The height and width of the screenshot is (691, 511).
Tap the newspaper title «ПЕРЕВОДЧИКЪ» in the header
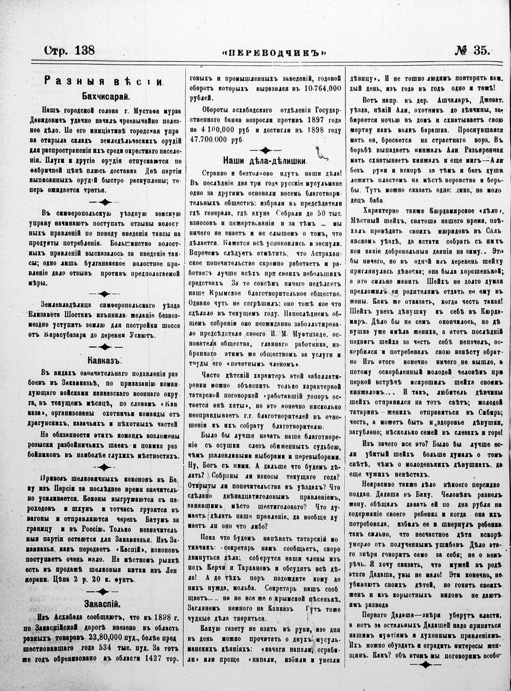[x=275, y=52]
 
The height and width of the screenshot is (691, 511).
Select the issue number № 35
[x=473, y=51]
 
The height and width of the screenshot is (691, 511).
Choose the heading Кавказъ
[x=105, y=360]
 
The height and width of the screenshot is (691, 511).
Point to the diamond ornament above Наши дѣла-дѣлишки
[x=265, y=150]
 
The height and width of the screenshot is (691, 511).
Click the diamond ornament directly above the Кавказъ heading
[x=104, y=347]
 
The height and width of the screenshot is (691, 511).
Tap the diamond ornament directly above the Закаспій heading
[x=104, y=591]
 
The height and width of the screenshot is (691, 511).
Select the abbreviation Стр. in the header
[x=57, y=51]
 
